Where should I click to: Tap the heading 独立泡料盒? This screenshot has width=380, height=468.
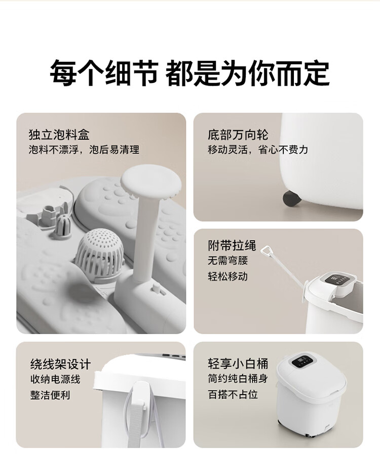pyautogui.click(x=59, y=135)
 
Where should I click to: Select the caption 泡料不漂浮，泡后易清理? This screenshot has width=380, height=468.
pyautogui.click(x=84, y=149)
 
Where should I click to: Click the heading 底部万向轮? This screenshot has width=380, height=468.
pyautogui.click(x=238, y=135)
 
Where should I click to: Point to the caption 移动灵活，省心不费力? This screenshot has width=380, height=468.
pyautogui.click(x=258, y=149)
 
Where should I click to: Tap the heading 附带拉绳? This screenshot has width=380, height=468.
pyautogui.click(x=232, y=245)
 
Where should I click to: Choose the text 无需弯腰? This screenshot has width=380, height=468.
pyautogui.click(x=228, y=260)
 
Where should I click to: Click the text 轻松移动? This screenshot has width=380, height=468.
pyautogui.click(x=228, y=276)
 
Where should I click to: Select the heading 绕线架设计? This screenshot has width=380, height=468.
pyautogui.click(x=60, y=364)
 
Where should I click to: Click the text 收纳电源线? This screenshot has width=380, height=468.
pyautogui.click(x=55, y=379)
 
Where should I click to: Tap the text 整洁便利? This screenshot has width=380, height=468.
pyautogui.click(x=50, y=395)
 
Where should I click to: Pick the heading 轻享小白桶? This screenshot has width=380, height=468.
pyautogui.click(x=238, y=364)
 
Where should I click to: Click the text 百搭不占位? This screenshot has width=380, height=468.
pyautogui.click(x=233, y=395)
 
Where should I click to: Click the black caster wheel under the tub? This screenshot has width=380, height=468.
pyautogui.click(x=291, y=199)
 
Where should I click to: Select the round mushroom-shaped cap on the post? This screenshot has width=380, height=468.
pyautogui.click(x=151, y=181)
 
